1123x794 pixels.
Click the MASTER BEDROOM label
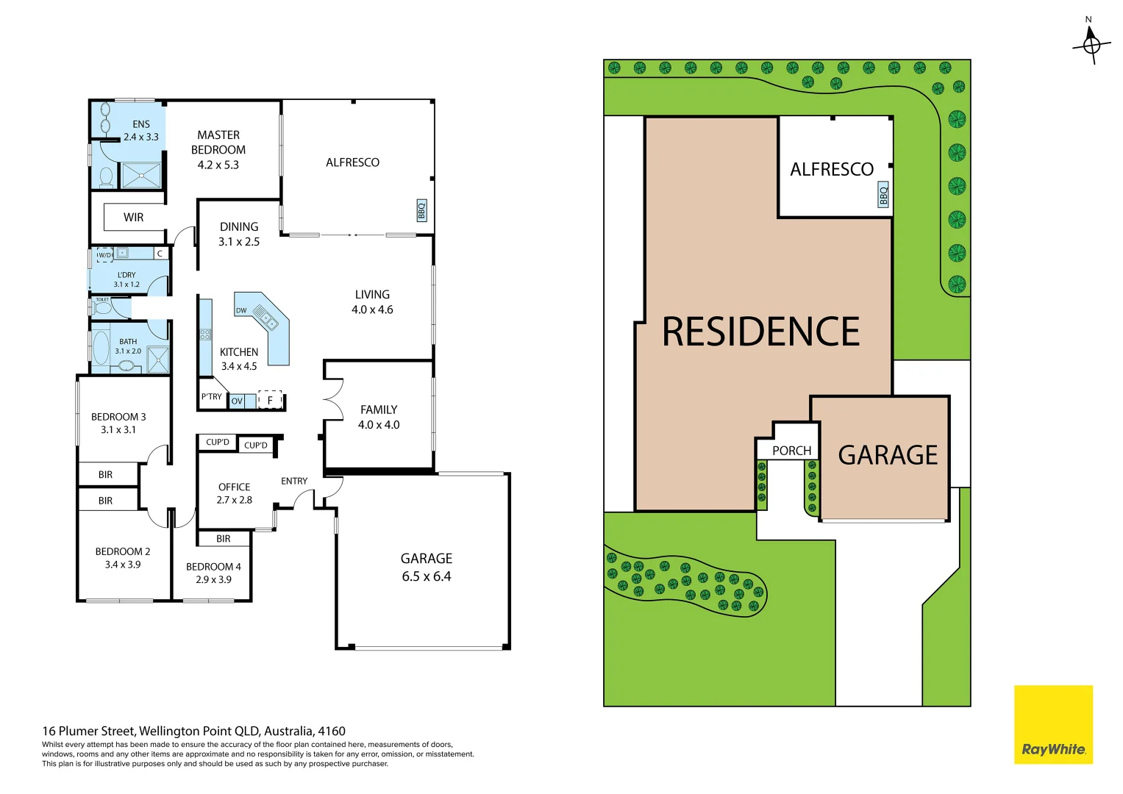click(x=218, y=149)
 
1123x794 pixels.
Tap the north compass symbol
click(x=1091, y=44)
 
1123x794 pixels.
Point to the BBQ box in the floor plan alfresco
click(x=421, y=210)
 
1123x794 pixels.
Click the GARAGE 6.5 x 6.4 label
click(x=427, y=567)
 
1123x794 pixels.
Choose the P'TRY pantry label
click(x=211, y=397)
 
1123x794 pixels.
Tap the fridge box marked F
click(x=270, y=401)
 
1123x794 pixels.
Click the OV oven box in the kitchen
click(x=237, y=401)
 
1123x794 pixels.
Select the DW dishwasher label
click(x=241, y=310)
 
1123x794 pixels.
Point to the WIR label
click(x=134, y=217)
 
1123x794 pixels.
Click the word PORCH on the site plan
click(x=791, y=451)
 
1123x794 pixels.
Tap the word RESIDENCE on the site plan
click(x=760, y=332)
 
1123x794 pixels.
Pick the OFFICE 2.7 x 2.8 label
click(x=234, y=493)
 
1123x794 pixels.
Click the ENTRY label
click(x=294, y=481)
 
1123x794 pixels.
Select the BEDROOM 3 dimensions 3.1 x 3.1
click(x=118, y=430)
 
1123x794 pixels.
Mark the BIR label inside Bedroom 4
click(x=224, y=539)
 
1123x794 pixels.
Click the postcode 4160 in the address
click(x=332, y=731)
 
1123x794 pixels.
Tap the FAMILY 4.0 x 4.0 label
click(x=379, y=417)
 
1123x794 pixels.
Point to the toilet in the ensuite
click(x=106, y=177)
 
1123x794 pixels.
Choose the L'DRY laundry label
click(x=126, y=279)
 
